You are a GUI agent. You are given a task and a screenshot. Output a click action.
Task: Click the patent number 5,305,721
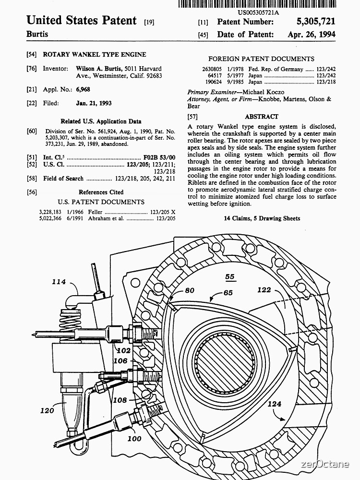click(312, 22)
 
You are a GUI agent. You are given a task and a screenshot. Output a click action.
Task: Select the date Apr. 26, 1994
click(312, 35)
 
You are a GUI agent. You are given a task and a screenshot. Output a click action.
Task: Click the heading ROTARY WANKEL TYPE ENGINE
click(95, 55)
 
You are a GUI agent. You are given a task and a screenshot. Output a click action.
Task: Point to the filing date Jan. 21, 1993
click(94, 103)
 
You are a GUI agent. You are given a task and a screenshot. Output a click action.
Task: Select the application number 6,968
click(83, 89)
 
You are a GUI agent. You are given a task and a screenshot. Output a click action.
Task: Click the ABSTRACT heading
click(262, 117)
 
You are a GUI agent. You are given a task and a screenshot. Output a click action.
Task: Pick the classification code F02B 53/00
click(159, 157)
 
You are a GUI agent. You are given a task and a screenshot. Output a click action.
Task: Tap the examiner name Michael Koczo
click(263, 92)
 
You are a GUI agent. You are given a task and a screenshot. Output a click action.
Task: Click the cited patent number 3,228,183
click(50, 212)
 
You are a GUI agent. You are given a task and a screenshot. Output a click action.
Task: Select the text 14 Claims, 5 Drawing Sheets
click(262, 218)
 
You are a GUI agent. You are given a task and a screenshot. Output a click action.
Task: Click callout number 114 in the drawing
click(59, 282)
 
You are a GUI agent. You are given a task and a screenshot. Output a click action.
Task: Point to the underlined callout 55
click(230, 277)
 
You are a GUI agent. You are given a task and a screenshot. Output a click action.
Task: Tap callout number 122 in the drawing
click(264, 290)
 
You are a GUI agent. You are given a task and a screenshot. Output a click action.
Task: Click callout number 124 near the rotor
click(274, 404)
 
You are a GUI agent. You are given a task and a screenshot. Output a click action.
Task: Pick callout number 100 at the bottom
click(134, 438)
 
